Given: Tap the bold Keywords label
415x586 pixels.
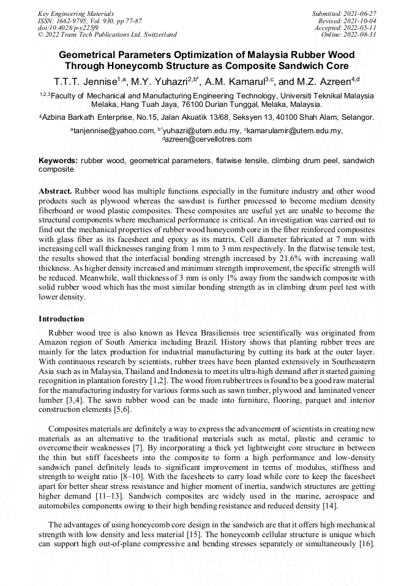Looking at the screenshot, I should pos(58,161).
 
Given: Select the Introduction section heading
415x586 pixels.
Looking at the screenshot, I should pos(61,318).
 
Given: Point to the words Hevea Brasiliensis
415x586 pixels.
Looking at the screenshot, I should pos(172,333).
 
